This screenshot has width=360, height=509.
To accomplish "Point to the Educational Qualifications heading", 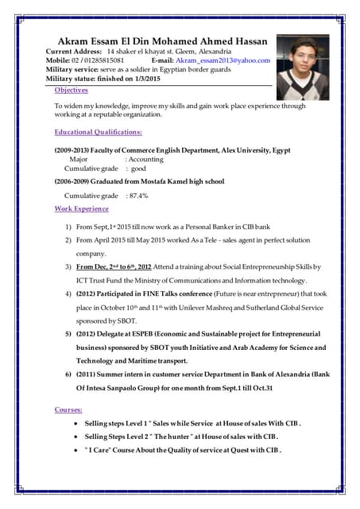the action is (98, 131).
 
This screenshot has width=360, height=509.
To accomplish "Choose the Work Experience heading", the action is (81, 208).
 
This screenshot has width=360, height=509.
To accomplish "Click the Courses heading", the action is (68, 409).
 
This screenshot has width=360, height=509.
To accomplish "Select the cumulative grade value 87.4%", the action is (137, 195).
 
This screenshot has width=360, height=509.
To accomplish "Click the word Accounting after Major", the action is (146, 159).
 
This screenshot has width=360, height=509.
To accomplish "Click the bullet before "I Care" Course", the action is (75, 450).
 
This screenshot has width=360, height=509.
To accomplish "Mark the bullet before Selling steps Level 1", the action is (75, 424).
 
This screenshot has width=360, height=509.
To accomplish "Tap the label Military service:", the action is (75, 69).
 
